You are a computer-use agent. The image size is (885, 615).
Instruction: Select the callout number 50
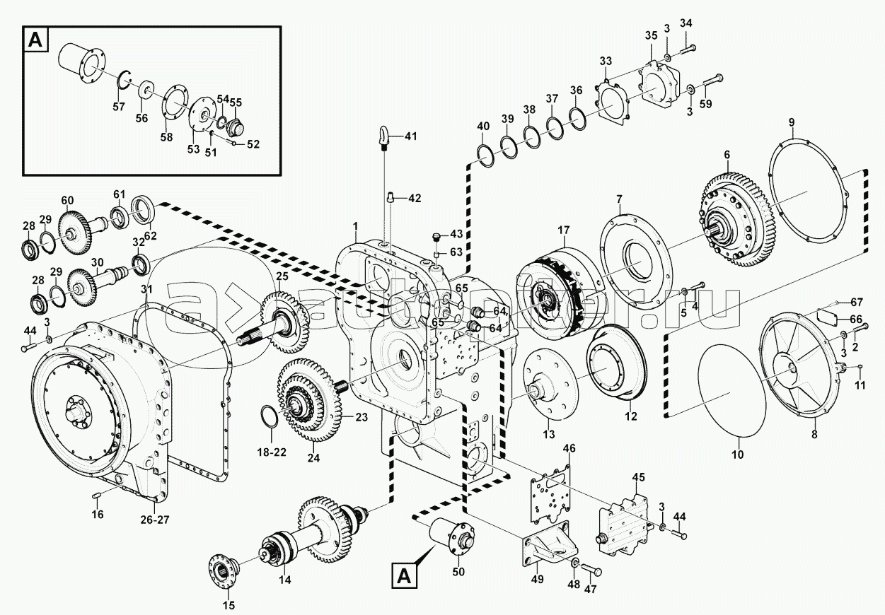tap(458, 571)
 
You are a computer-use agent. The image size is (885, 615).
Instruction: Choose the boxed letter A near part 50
tap(403, 575)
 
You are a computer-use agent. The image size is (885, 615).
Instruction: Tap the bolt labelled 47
tap(593, 570)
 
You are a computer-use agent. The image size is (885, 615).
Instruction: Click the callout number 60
tap(67, 200)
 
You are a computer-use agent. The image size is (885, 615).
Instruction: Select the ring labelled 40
tap(487, 155)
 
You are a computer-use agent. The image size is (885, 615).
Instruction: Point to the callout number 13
tap(549, 433)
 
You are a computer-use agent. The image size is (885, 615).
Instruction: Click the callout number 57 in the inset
tap(118, 107)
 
